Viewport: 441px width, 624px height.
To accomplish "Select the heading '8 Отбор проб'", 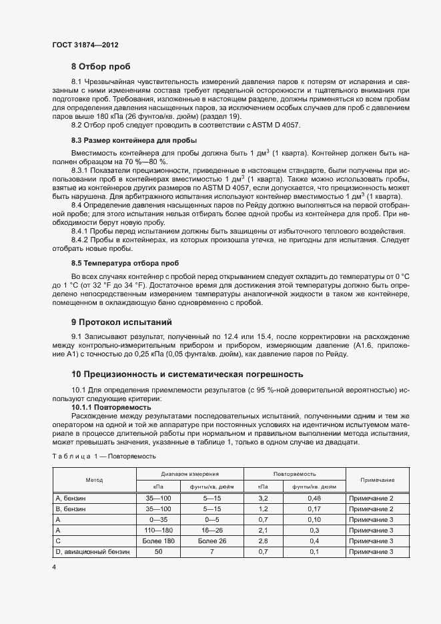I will [101, 66].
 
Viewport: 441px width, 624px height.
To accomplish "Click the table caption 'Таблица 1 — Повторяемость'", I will [104, 456].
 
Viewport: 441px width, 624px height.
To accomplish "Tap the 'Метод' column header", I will [94, 480].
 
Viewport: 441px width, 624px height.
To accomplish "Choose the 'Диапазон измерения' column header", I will [189, 473].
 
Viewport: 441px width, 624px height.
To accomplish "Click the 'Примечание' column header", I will [377, 480].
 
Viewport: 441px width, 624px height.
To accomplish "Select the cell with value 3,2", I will [263, 498].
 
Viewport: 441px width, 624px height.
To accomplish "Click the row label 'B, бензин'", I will [71, 509].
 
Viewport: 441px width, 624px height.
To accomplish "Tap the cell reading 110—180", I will [158, 530].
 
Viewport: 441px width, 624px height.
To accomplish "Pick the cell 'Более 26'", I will [212, 541].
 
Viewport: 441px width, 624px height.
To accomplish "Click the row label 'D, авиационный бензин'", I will [94, 551].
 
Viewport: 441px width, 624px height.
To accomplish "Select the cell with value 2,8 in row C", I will [263, 541].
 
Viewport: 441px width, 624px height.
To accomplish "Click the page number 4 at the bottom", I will [54, 567].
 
